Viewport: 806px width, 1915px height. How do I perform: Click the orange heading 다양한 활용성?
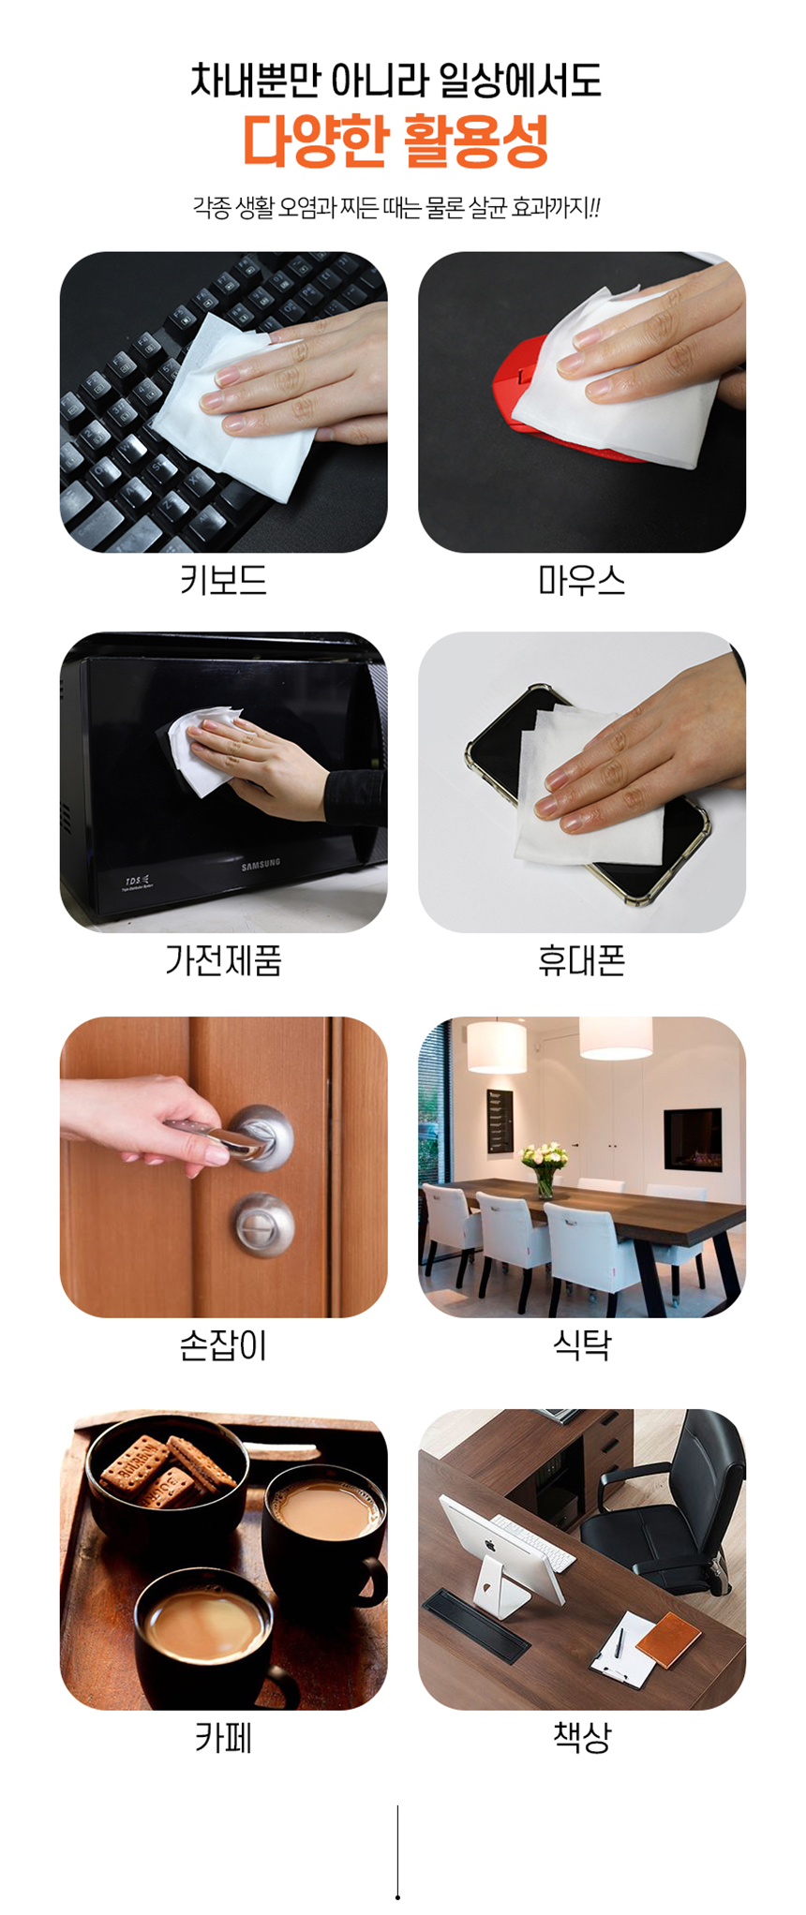pyautogui.click(x=396, y=141)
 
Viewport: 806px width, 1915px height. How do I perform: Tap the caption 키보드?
pyautogui.click(x=223, y=581)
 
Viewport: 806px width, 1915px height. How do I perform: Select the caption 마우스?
pyautogui.click(x=581, y=581)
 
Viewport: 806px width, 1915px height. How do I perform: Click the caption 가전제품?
pyautogui.click(x=223, y=960)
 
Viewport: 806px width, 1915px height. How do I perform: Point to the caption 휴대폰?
pyautogui.click(x=581, y=960)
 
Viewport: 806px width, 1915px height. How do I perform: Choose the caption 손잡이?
pyautogui.click(x=223, y=1346)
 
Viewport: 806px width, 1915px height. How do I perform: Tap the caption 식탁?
pyautogui.click(x=581, y=1346)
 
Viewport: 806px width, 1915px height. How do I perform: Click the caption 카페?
pyautogui.click(x=223, y=1738)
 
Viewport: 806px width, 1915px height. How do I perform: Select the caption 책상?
pyautogui.click(x=581, y=1738)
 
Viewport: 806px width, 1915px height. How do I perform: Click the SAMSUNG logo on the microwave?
pyautogui.click(x=261, y=865)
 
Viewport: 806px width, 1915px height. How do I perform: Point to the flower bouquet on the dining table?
pyautogui.click(x=545, y=1164)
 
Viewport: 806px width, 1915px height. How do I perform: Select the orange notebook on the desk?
pyautogui.click(x=667, y=1639)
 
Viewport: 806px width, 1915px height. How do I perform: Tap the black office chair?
pyautogui.click(x=667, y=1508)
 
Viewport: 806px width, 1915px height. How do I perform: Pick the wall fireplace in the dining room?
pyautogui.click(x=693, y=1139)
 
